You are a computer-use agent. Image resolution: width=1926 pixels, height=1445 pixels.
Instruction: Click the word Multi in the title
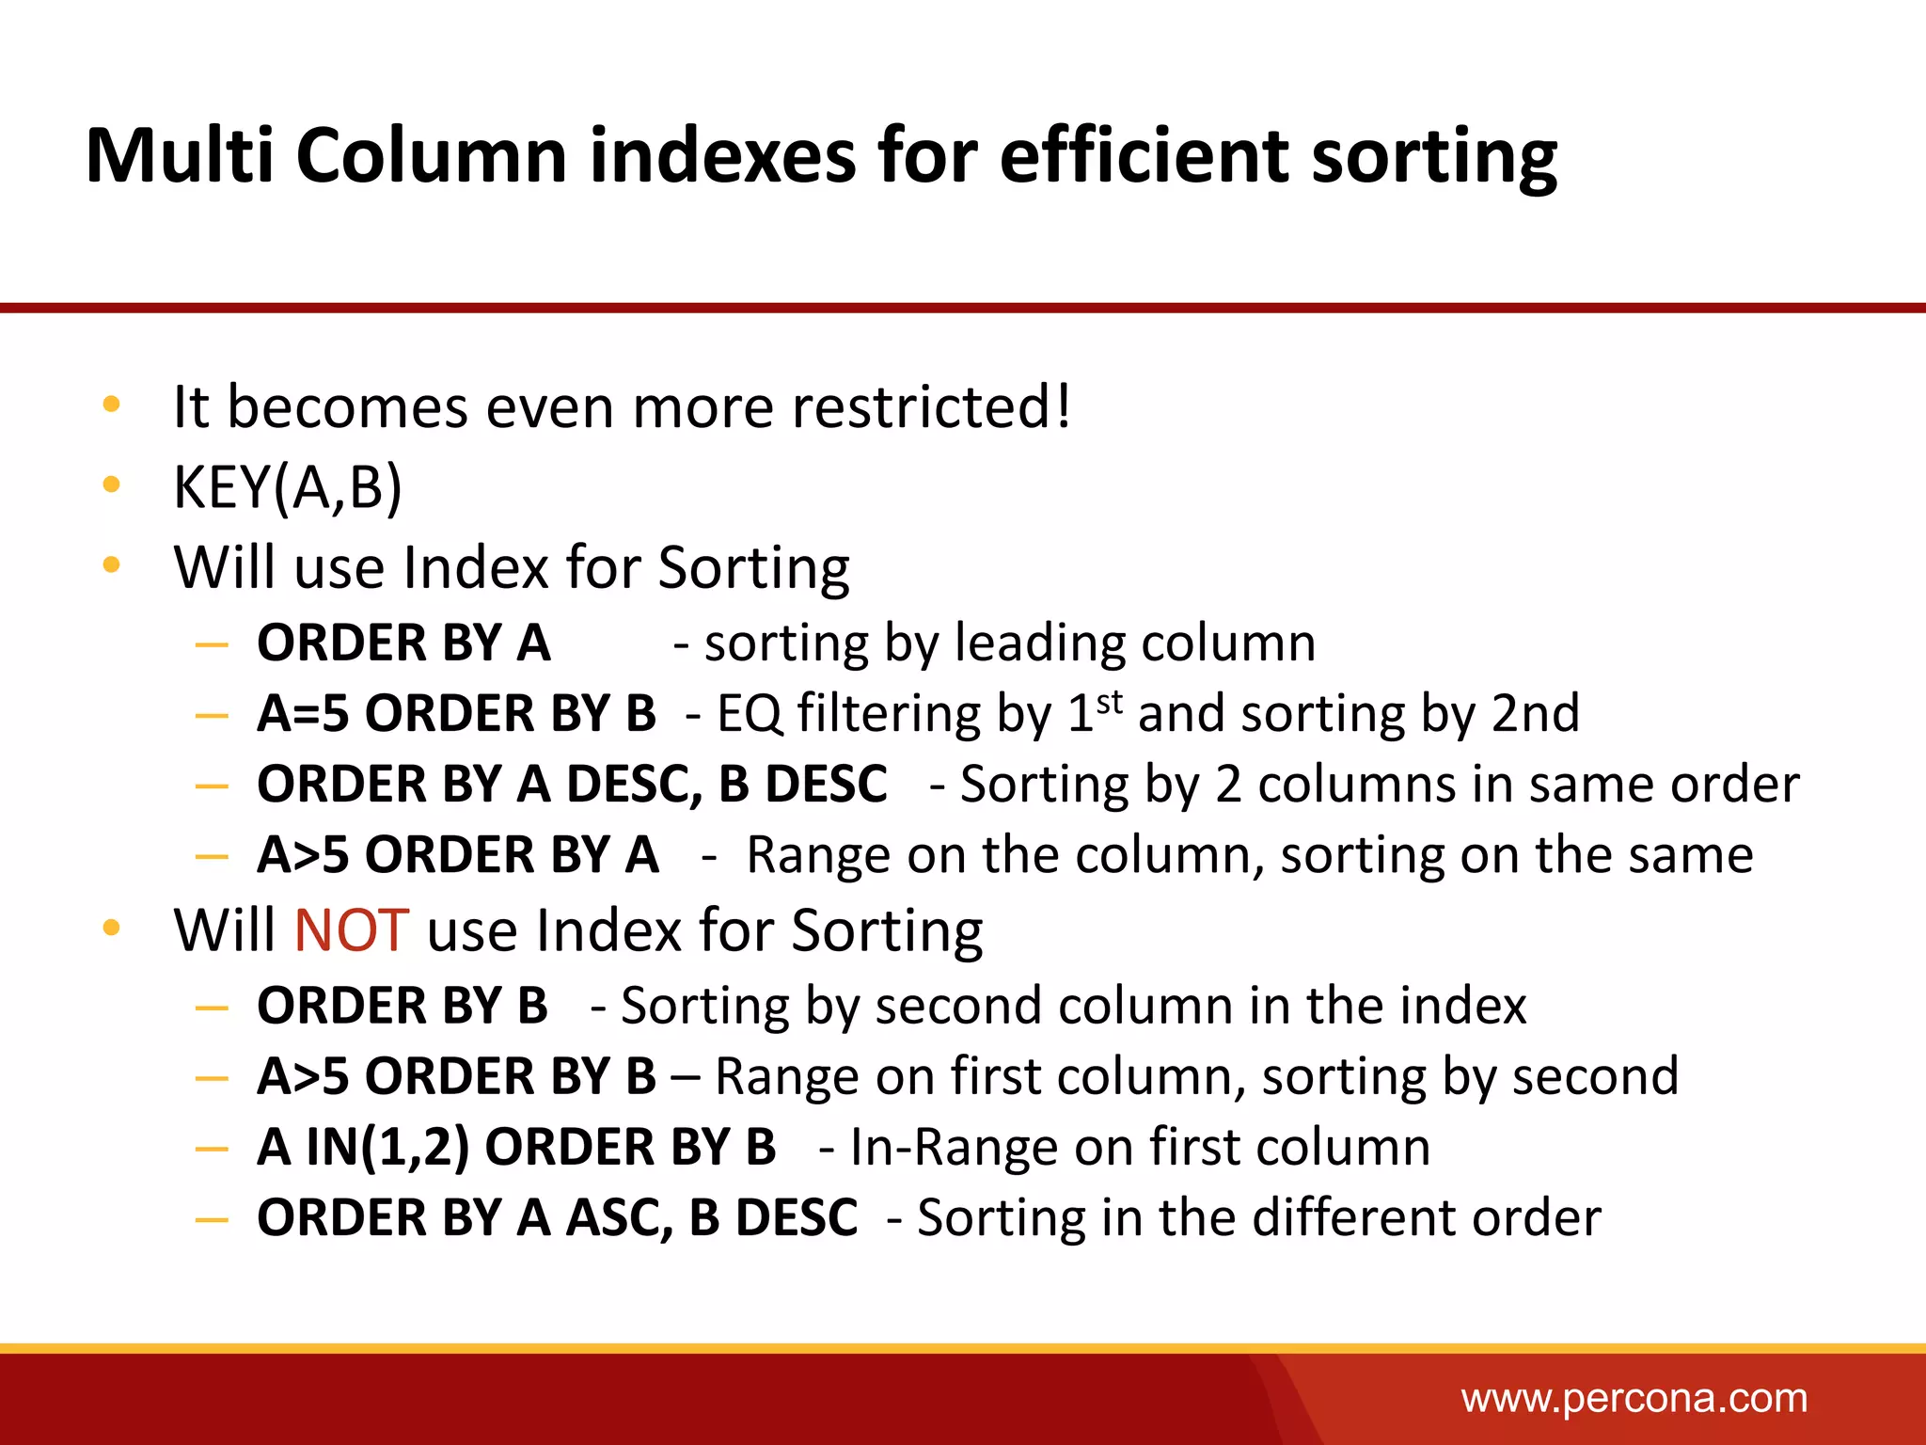(180, 156)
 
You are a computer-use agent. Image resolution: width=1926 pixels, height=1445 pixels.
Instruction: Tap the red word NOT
(351, 930)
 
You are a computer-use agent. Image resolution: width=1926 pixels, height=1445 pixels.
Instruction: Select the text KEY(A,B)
(288, 487)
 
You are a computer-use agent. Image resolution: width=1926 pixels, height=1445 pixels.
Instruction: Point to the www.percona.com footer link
(1634, 1399)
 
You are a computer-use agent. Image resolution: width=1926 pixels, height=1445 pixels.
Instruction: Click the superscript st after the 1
(1110, 702)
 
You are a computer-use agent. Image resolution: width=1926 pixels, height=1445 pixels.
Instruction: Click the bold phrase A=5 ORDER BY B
(456, 713)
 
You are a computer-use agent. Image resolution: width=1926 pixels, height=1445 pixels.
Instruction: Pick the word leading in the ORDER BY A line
(1039, 643)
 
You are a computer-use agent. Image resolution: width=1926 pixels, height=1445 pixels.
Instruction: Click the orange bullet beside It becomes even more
(112, 405)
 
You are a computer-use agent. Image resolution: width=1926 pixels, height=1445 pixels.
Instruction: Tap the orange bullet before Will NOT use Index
(112, 929)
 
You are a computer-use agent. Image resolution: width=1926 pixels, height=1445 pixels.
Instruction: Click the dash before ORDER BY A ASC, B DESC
(213, 1220)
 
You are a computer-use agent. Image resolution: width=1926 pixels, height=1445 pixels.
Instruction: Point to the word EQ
(750, 714)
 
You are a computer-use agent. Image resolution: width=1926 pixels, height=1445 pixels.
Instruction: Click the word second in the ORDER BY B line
(958, 1006)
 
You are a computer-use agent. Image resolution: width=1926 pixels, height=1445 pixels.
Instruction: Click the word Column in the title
(432, 156)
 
